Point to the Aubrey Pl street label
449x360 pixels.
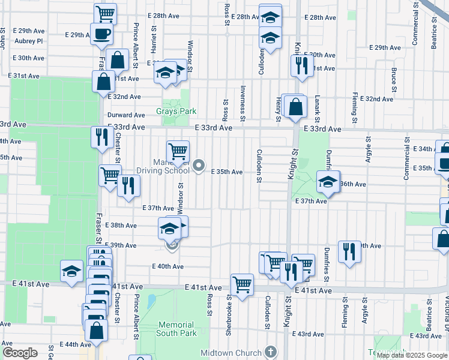point(31,41)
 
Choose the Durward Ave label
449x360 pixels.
point(126,115)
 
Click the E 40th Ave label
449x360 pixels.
point(168,266)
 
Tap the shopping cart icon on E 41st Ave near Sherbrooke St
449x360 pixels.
point(242,284)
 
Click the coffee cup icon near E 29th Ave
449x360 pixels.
point(101,34)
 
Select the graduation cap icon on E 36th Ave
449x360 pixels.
point(328,182)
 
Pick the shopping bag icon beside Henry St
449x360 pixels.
point(296,107)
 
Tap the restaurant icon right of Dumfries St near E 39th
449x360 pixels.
point(349,251)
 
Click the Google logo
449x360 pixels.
point(20,353)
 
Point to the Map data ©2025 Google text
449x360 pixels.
point(412,355)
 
